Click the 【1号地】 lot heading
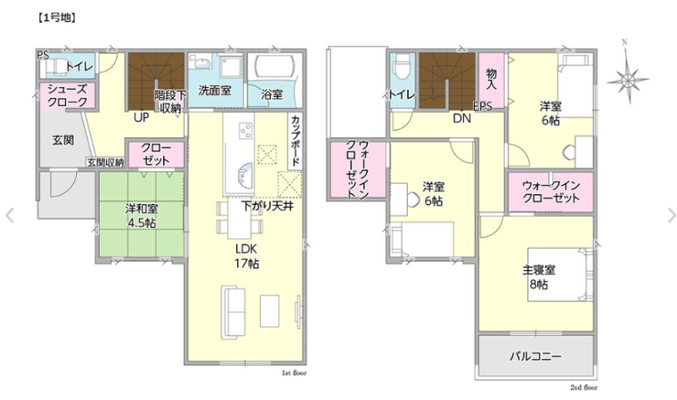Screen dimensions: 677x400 coord(56,17)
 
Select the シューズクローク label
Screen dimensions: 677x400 coord(68,95)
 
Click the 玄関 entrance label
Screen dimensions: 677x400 coord(63,140)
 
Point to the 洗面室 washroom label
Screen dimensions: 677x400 coord(215,91)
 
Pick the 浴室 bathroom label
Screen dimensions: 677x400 coord(272,94)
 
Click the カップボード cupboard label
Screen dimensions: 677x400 coord(296,140)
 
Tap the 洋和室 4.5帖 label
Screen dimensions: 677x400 coord(142,216)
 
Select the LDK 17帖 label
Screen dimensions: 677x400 coord(246,255)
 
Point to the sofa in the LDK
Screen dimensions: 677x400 coord(233,312)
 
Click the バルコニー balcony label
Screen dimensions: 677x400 coord(536,356)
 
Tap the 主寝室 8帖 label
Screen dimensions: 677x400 coord(539,277)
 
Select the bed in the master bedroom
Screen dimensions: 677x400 coord(560,275)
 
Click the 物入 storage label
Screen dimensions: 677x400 coord(491,79)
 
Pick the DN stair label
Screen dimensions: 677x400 coord(462,118)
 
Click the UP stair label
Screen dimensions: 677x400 coord(141,117)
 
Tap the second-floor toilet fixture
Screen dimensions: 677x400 coord(402,67)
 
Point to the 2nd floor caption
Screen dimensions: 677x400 coord(584,387)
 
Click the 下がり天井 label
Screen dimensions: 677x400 coord(268,206)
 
